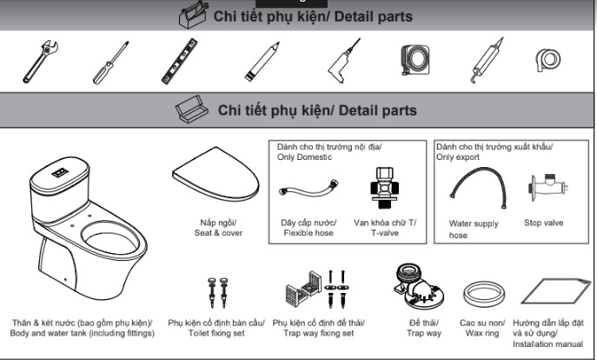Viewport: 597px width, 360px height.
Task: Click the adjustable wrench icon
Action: [40, 62]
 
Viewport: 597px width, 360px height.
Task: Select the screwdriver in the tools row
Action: [110, 63]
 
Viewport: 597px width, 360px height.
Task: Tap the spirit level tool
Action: [179, 61]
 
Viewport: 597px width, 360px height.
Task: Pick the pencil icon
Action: [262, 62]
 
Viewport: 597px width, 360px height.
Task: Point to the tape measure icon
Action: [415, 60]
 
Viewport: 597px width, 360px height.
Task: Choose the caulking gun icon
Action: [487, 60]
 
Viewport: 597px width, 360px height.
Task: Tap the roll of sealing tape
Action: [547, 60]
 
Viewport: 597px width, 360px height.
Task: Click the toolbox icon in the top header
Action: [194, 15]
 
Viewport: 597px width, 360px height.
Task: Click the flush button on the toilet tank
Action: [60, 172]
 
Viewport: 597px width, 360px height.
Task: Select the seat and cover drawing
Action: [216, 175]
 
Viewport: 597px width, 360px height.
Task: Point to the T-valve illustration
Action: [384, 188]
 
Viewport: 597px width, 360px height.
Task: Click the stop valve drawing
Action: [547, 187]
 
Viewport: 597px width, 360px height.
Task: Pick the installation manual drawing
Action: [555, 291]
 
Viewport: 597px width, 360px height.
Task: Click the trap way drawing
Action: [419, 286]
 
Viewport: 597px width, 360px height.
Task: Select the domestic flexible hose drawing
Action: [308, 188]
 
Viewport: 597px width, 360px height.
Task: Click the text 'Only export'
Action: [458, 157]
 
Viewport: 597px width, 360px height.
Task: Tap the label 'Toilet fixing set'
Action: [216, 333]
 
